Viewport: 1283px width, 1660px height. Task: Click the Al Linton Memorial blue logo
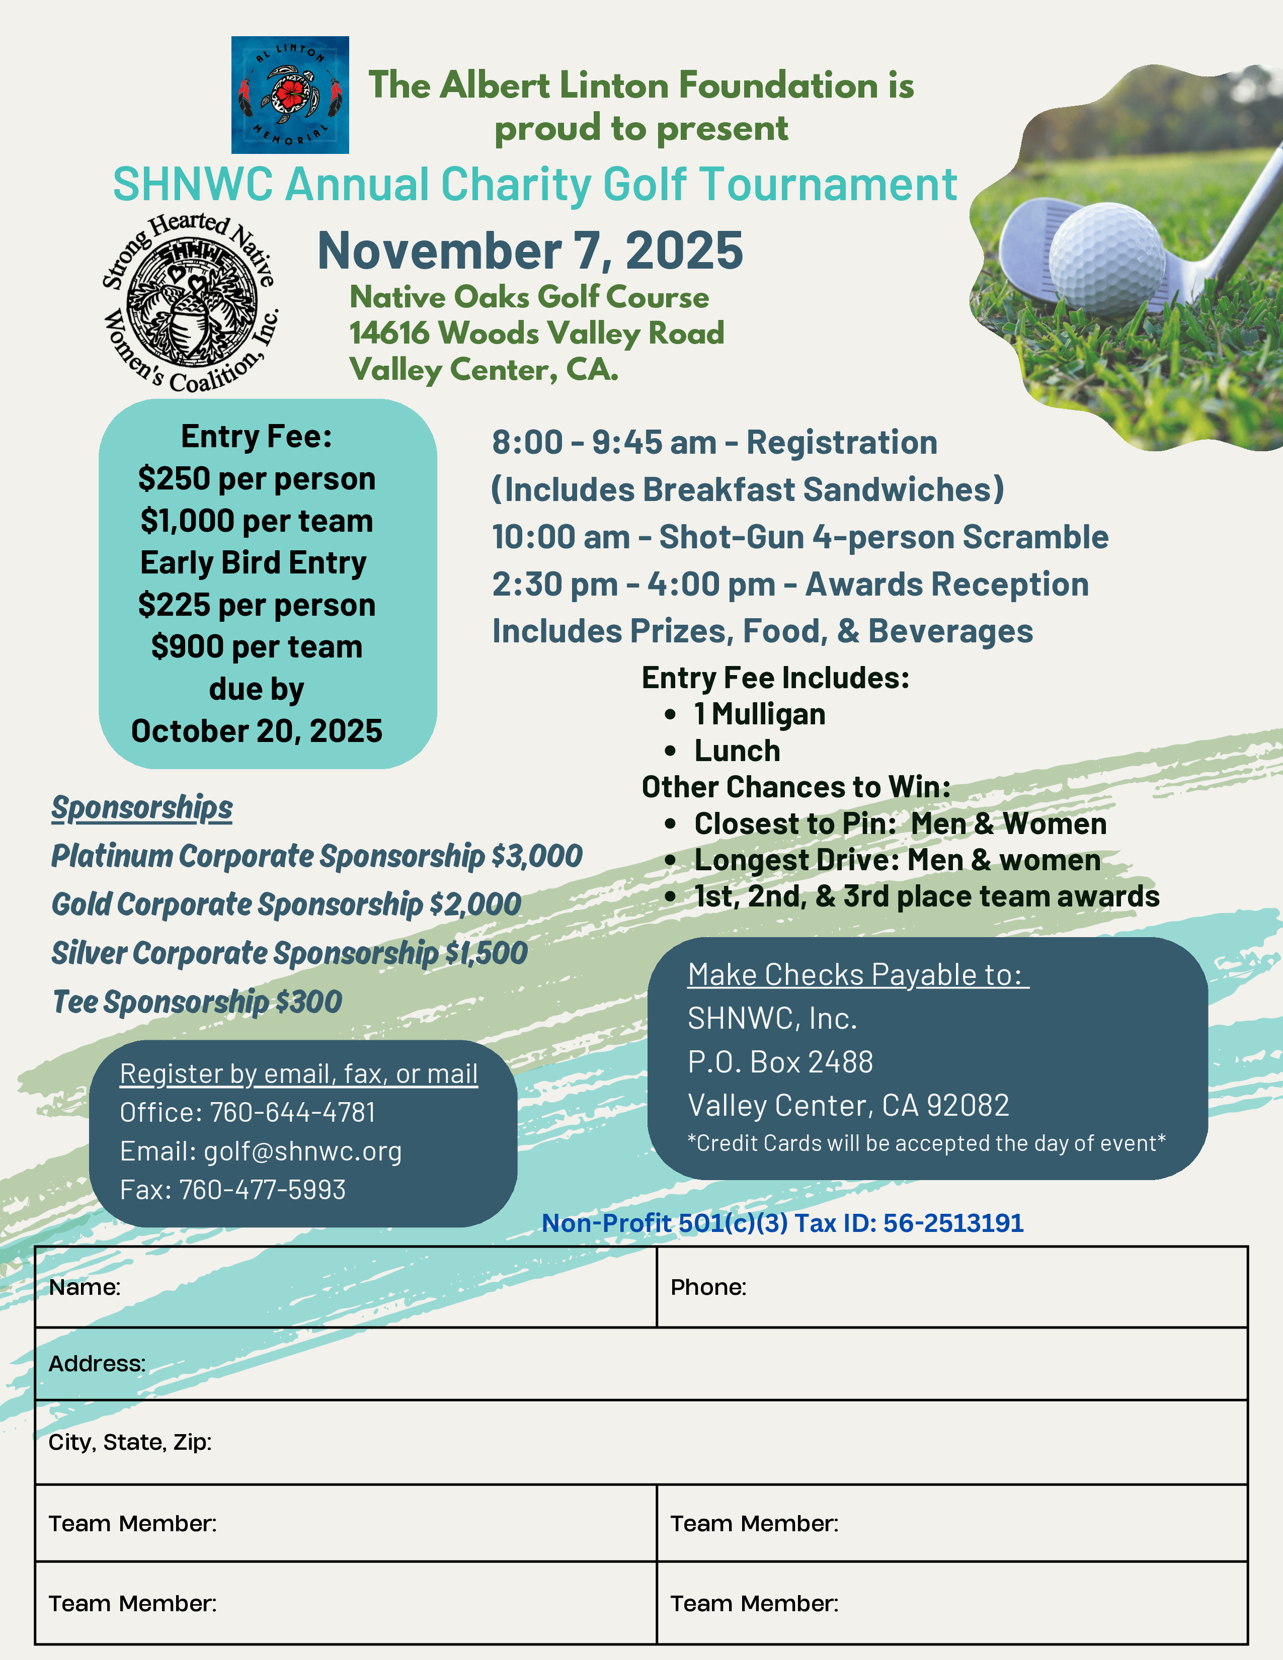click(x=290, y=95)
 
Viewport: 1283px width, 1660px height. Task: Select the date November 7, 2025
click(x=530, y=251)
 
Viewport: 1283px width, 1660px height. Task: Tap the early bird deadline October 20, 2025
click(x=257, y=731)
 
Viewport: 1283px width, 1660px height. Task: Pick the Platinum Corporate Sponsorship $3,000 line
click(x=316, y=856)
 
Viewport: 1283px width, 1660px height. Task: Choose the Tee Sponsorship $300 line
click(x=197, y=1002)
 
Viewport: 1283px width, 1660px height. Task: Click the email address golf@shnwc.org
click(x=302, y=1151)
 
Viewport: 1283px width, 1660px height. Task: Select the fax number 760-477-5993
click(x=262, y=1190)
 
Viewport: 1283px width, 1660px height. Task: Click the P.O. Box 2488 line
click(x=780, y=1062)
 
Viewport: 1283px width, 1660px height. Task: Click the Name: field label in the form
click(x=85, y=1288)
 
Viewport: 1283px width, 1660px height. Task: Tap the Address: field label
click(x=97, y=1364)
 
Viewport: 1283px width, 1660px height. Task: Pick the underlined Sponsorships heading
click(x=142, y=808)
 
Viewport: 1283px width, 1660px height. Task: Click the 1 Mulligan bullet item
click(x=759, y=714)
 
